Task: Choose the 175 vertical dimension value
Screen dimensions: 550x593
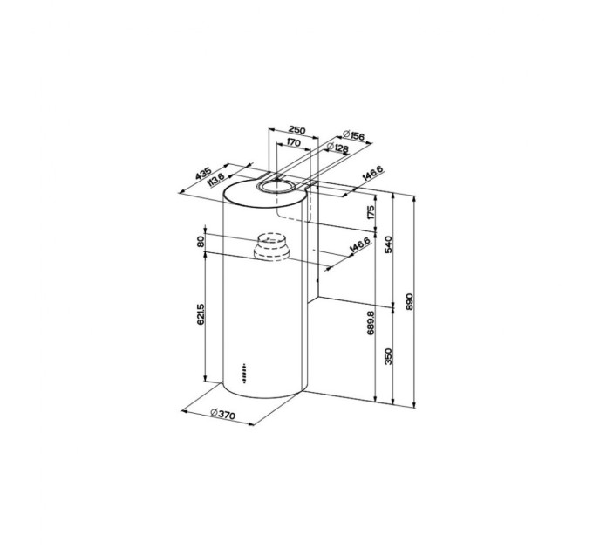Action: tap(371, 212)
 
